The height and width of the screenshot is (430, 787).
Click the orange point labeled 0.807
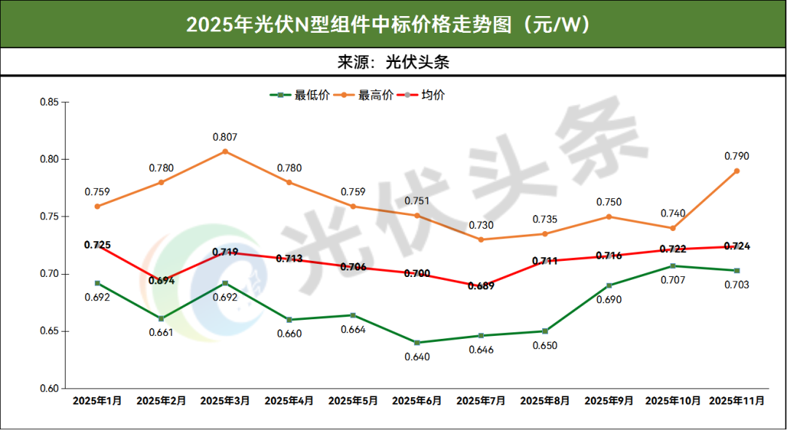225,151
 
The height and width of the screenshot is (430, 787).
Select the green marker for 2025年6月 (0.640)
417,343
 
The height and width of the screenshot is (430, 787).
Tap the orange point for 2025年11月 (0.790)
737,171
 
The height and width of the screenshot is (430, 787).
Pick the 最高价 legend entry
375,95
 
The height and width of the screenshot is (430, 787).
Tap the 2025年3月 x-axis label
225,401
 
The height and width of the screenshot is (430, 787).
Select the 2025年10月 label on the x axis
673,401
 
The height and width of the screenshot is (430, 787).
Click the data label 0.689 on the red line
481,286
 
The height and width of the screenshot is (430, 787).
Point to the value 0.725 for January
97,245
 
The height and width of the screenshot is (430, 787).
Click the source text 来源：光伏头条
393,62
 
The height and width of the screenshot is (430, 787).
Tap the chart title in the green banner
393,24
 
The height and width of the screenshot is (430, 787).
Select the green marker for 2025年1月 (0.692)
97,283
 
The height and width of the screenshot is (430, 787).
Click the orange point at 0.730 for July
481,239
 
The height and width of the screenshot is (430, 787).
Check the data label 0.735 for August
545,219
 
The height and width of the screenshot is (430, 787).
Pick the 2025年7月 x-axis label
481,401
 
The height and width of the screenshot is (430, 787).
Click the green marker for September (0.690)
609,285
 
